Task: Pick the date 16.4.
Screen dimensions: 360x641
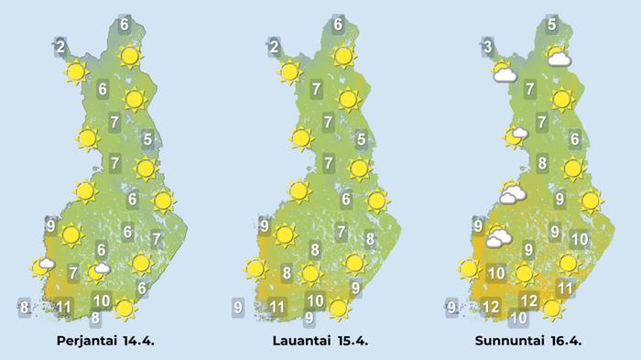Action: tap(564, 342)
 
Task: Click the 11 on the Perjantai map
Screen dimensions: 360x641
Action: tap(64, 306)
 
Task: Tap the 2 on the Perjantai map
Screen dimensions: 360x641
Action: tap(60, 47)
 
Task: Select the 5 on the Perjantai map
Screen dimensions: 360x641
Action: tap(148, 139)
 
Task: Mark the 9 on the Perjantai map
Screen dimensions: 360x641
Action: tap(50, 226)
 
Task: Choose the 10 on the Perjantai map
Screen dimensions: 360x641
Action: tap(102, 300)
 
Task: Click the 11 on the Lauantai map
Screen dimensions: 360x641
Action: tap(277, 306)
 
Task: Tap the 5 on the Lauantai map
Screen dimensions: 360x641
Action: tap(362, 139)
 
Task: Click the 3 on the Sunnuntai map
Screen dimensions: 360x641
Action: tap(488, 47)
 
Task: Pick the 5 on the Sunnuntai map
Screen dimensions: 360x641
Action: tap(552, 25)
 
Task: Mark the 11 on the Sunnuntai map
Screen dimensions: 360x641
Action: tap(565, 289)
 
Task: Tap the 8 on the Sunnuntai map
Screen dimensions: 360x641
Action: tap(542, 164)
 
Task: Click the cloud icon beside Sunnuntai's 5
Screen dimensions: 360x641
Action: tap(559, 60)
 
